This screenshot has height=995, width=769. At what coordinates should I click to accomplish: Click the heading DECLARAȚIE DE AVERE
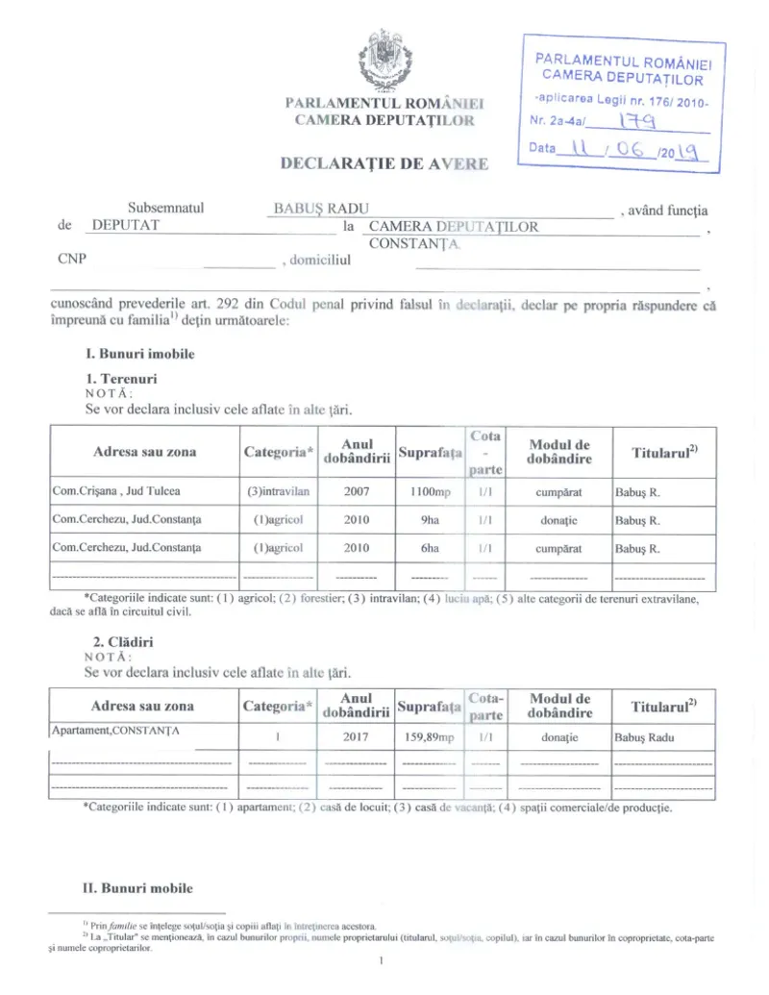coord(384,162)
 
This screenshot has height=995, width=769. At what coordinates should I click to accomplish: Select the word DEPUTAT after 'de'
coord(125,227)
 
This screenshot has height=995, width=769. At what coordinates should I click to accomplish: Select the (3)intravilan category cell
coord(278,491)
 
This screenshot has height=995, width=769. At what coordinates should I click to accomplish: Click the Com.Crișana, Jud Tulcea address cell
coord(116,491)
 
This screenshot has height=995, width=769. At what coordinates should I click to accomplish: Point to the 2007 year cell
coord(357,491)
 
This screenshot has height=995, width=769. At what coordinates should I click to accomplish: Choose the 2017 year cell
coord(357,737)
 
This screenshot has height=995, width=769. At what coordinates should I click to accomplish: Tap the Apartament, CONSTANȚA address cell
coord(116,730)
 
